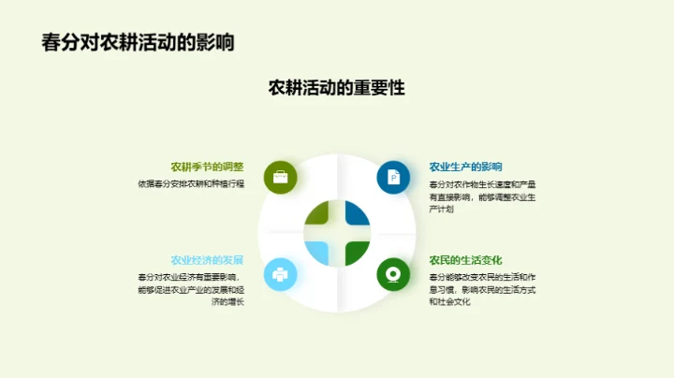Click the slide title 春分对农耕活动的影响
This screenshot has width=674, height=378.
(x=138, y=43)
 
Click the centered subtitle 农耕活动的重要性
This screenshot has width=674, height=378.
(x=336, y=88)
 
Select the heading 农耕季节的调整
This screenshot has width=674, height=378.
(x=207, y=167)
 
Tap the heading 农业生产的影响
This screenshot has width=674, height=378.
(x=466, y=167)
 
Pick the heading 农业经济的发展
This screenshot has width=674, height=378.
(x=207, y=259)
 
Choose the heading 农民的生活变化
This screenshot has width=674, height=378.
(x=466, y=259)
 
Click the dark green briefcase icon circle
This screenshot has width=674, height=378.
(x=280, y=176)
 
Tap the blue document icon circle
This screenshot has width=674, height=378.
(x=394, y=176)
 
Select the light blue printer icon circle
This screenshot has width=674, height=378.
(x=280, y=274)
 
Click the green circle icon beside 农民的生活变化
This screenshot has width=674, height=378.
(x=394, y=274)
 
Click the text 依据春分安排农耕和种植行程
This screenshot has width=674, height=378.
(x=190, y=183)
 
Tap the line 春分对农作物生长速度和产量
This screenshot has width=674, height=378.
(x=482, y=183)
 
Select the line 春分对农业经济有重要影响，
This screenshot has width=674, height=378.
(x=190, y=277)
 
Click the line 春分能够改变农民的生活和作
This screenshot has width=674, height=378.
(x=482, y=277)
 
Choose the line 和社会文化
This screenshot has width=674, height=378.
(x=447, y=301)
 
